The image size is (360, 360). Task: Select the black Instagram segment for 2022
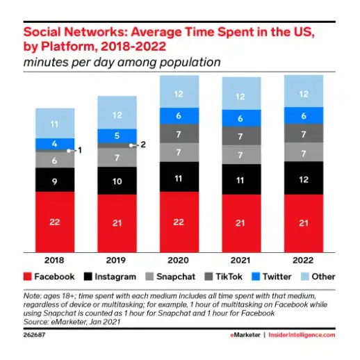point(303,179)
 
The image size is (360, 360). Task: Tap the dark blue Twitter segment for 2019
point(117,136)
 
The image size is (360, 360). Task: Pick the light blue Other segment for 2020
point(179,94)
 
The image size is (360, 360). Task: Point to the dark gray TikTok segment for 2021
point(241,137)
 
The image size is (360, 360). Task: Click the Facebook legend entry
point(50,277)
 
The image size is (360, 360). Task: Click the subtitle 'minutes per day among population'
point(122,62)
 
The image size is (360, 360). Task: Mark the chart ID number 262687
point(36,334)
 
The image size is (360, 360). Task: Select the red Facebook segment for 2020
point(179,221)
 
